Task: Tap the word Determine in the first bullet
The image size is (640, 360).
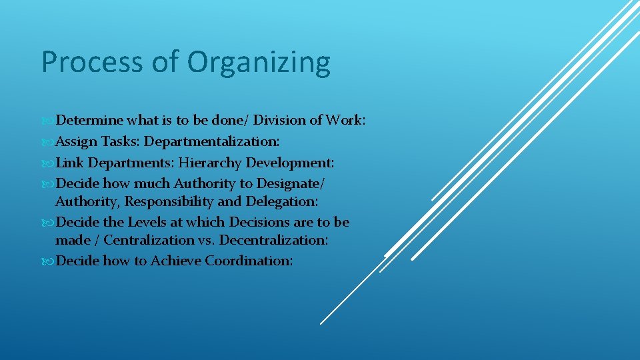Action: click(89, 121)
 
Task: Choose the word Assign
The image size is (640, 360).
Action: click(77, 142)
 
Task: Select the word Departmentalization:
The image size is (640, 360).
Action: click(212, 142)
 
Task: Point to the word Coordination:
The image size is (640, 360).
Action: click(249, 261)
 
